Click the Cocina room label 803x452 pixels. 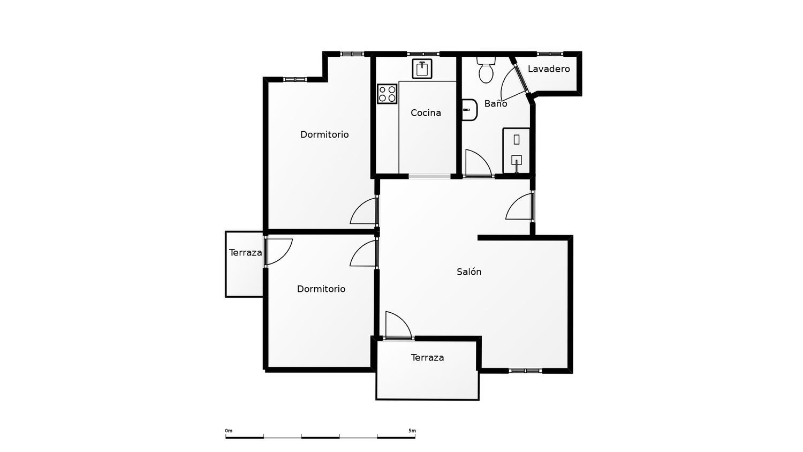(x=426, y=112)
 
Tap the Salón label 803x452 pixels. (x=469, y=272)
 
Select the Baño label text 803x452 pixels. (x=495, y=103)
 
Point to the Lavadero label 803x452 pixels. (x=549, y=69)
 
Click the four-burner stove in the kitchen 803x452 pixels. (x=387, y=94)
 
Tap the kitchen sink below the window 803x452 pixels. (x=422, y=69)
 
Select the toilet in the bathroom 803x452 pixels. (x=486, y=70)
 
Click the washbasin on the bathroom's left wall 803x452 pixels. (x=469, y=110)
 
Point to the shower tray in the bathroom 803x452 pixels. (x=516, y=150)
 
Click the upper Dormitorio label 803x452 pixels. (x=324, y=134)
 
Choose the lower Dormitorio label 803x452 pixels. (x=321, y=289)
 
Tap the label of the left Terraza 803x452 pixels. (x=246, y=253)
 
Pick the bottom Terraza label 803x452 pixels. (x=427, y=357)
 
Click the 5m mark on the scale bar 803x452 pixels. (x=412, y=431)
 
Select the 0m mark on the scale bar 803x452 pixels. (x=229, y=431)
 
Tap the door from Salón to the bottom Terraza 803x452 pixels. (x=398, y=325)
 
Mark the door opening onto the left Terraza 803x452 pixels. (x=278, y=252)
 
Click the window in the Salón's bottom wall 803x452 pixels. (x=525, y=371)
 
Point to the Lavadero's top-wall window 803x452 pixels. (x=550, y=54)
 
